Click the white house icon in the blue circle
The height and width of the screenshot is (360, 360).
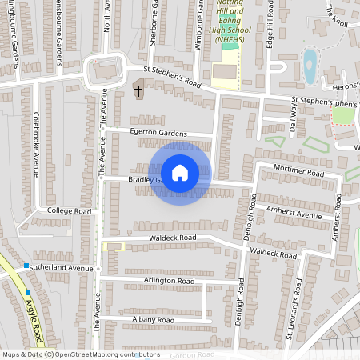180,173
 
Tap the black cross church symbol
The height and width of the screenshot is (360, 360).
138,91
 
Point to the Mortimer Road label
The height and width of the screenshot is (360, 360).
297,173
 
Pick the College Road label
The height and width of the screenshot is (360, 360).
70,211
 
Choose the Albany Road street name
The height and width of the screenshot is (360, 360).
153,320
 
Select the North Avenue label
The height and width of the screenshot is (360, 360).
107,16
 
